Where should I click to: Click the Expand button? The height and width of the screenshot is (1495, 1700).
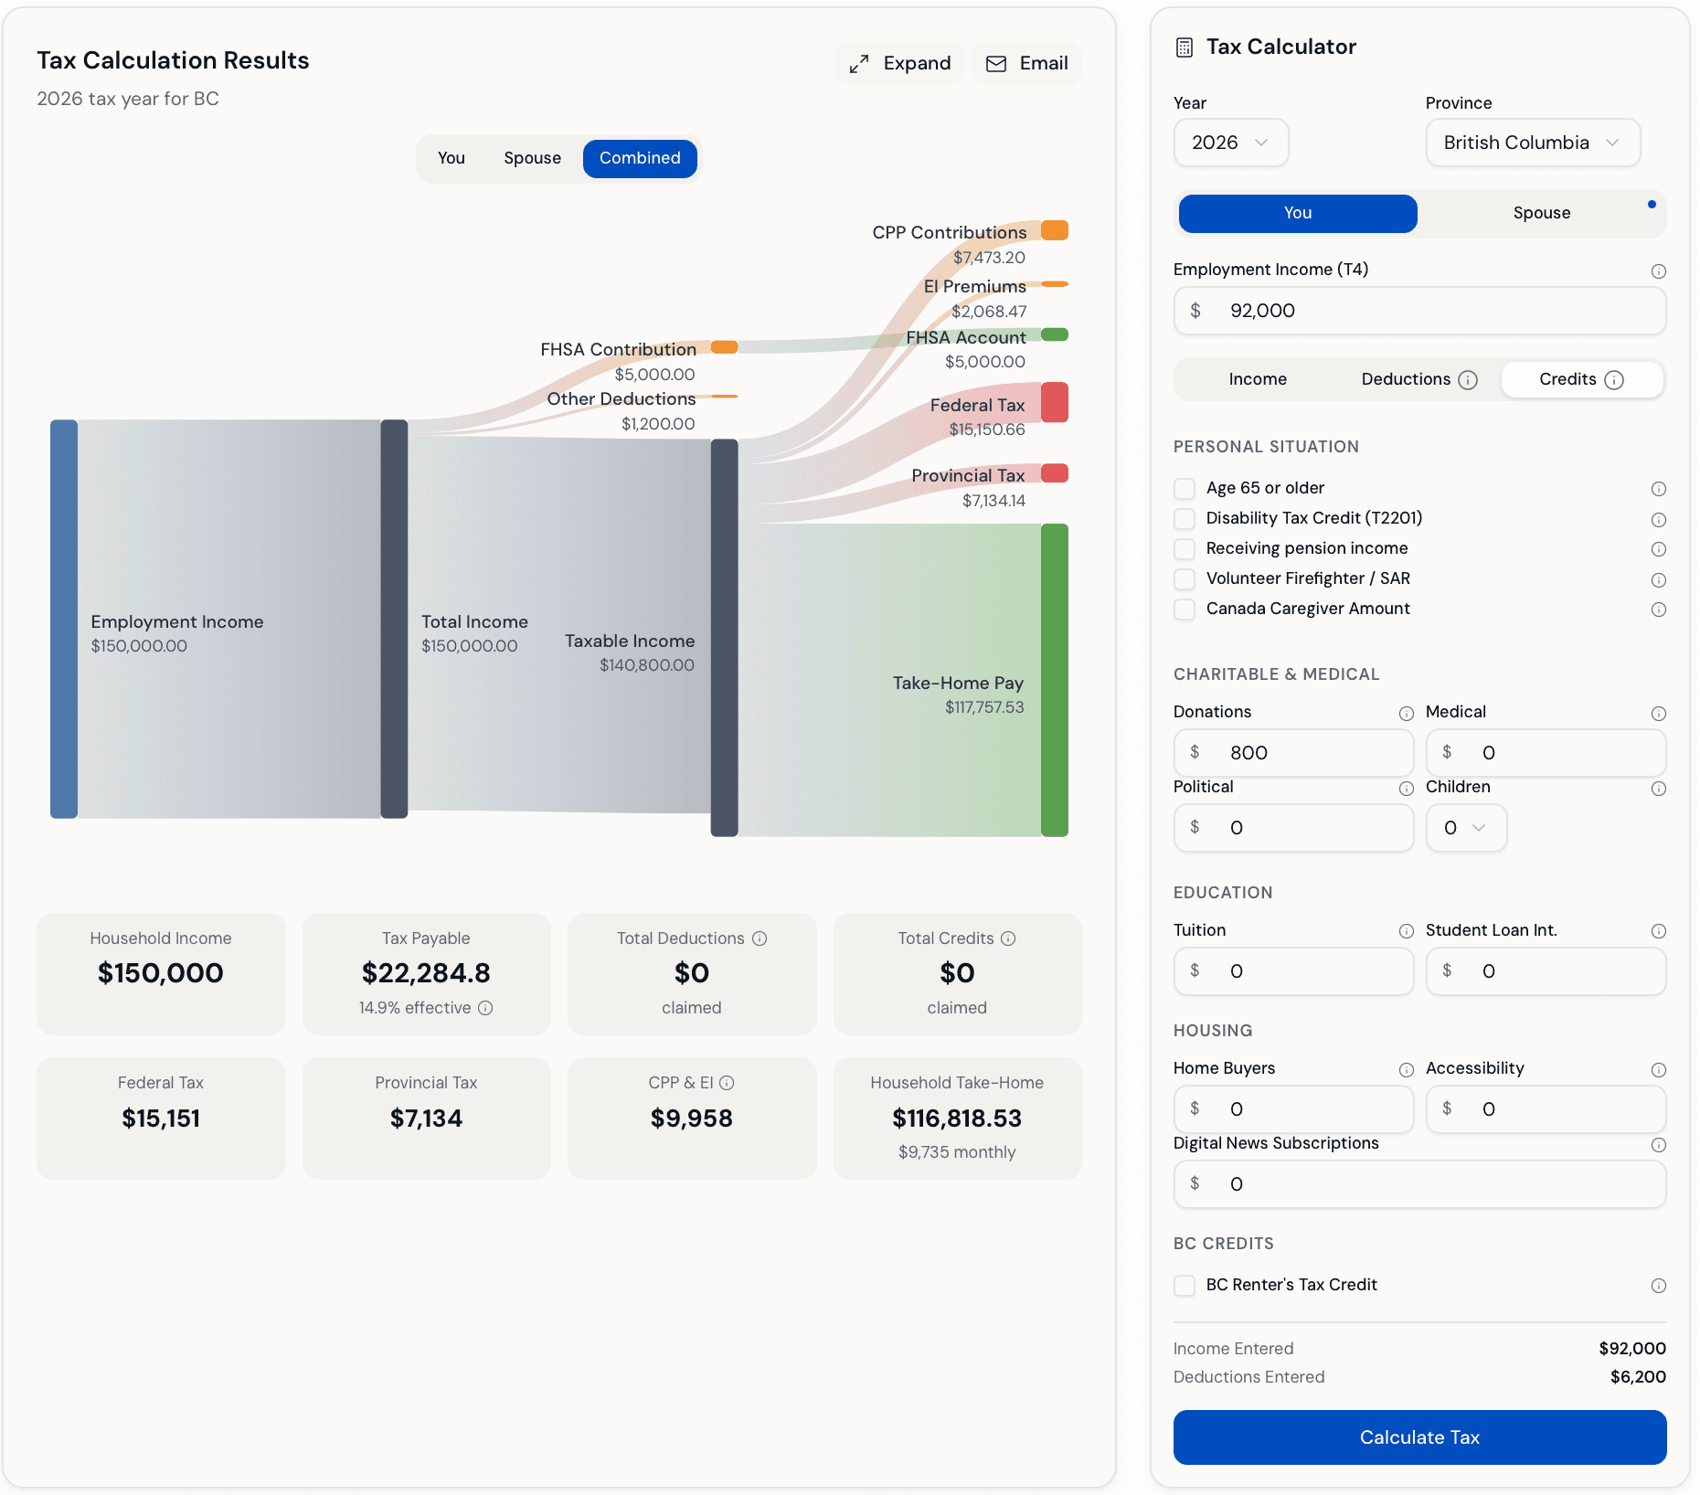[x=899, y=63]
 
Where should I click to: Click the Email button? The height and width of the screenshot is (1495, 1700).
[x=1026, y=63]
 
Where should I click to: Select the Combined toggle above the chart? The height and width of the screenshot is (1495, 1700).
[x=640, y=158]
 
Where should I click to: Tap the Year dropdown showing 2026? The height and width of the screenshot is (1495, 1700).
[x=1230, y=143]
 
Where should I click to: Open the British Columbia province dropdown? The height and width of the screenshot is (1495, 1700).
[x=1532, y=143]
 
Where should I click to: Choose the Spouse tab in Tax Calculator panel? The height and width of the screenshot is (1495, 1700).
[x=1541, y=213]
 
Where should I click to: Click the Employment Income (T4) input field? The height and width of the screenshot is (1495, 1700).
[x=1419, y=311]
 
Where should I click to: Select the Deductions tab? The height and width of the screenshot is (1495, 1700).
[x=1418, y=379]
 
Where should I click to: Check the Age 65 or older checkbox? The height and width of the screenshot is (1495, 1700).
[x=1185, y=488]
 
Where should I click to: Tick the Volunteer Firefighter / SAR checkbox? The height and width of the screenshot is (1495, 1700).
[x=1185, y=578]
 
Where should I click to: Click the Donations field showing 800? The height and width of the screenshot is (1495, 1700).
[x=1293, y=753]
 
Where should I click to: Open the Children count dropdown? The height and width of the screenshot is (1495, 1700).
[x=1465, y=828]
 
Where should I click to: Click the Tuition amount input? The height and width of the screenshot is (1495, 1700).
[x=1293, y=971]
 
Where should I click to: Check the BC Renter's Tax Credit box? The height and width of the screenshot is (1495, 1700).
[x=1185, y=1285]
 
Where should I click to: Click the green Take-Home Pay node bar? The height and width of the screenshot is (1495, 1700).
[x=1054, y=680]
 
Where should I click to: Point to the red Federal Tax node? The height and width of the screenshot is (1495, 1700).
[x=1054, y=403]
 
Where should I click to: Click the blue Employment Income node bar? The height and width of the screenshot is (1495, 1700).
[x=64, y=619]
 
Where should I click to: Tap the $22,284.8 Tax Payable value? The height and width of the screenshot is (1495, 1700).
[x=426, y=973]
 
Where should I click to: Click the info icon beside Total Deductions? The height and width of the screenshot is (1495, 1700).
[x=760, y=938]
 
